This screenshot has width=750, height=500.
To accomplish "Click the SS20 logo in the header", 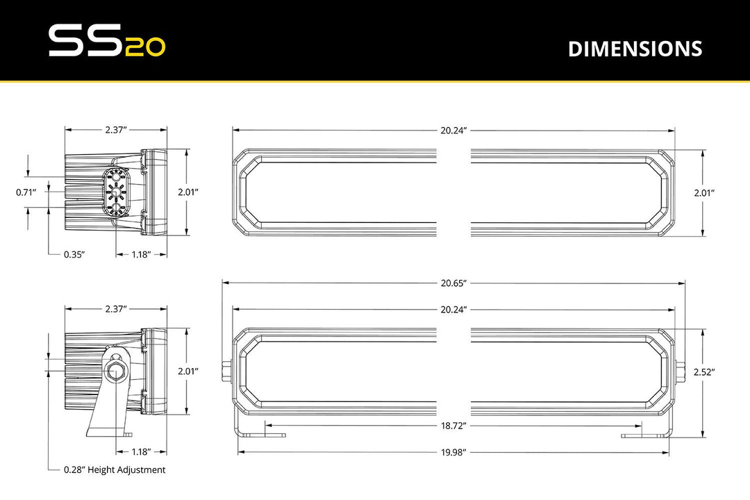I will coord(106,42).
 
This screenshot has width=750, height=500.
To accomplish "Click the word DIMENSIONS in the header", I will coord(635,49).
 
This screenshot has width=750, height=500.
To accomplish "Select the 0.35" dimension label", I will coord(74,255).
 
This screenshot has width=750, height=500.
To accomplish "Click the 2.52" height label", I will coord(703,372).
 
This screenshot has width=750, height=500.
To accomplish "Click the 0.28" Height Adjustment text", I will coord(115,470).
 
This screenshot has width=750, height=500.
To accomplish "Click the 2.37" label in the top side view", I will coord(117,130).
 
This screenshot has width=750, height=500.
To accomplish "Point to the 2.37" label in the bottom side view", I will coord(117,308).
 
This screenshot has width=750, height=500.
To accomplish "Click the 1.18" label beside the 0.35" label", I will coord(142,255).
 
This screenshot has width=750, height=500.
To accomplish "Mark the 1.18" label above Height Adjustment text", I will coord(142,451).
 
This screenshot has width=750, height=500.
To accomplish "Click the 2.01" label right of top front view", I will coord(703,194).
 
